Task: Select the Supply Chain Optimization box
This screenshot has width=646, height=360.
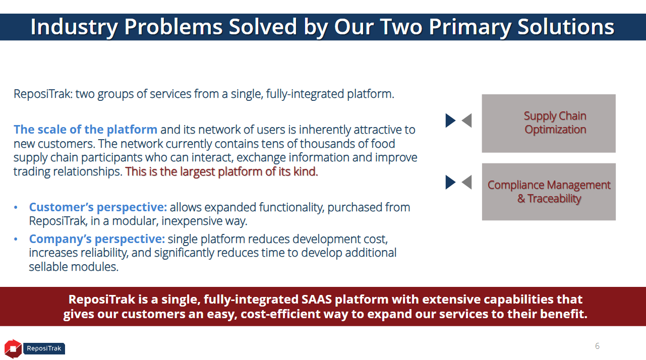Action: pyautogui.click(x=549, y=123)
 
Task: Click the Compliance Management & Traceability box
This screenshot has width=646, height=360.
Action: pyautogui.click(x=549, y=192)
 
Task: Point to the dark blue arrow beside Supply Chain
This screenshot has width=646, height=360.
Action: pyautogui.click(x=450, y=121)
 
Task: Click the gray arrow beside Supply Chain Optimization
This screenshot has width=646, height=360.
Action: pyautogui.click(x=467, y=121)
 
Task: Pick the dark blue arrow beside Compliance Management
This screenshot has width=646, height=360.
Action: pyautogui.click(x=450, y=182)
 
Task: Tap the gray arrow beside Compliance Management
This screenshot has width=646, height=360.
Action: pyautogui.click(x=467, y=182)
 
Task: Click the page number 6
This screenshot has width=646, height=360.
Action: pyautogui.click(x=598, y=346)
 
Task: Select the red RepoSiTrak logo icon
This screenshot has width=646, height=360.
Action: pyautogui.click(x=13, y=348)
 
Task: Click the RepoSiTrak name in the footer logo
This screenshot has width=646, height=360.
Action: pyautogui.click(x=44, y=348)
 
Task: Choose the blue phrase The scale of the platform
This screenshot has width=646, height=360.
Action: pyautogui.click(x=85, y=130)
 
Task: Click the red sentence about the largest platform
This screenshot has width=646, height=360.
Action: pyautogui.click(x=221, y=171)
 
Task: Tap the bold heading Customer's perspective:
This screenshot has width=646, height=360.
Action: pyautogui.click(x=98, y=207)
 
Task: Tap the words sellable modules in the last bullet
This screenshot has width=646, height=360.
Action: pyautogui.click(x=74, y=267)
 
